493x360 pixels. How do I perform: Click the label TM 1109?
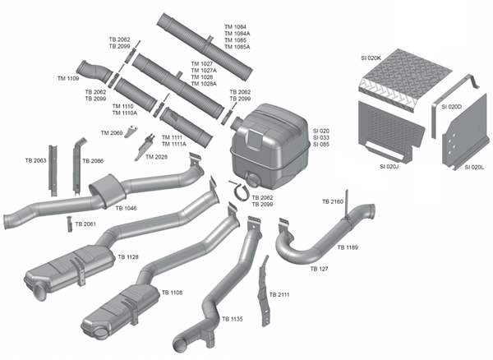[68, 78]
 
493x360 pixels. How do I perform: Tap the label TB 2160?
[333, 201]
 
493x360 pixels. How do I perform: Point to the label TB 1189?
[347, 247]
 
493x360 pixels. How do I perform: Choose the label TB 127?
[319, 269]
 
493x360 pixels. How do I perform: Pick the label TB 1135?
[232, 319]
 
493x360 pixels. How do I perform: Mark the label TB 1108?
[172, 292]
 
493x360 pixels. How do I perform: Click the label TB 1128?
[127, 257]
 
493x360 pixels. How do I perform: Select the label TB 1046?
[126, 209]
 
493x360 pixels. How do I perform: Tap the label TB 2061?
[85, 224]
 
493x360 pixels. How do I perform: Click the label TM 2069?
[112, 132]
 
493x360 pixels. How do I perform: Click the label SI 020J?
[389, 167]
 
